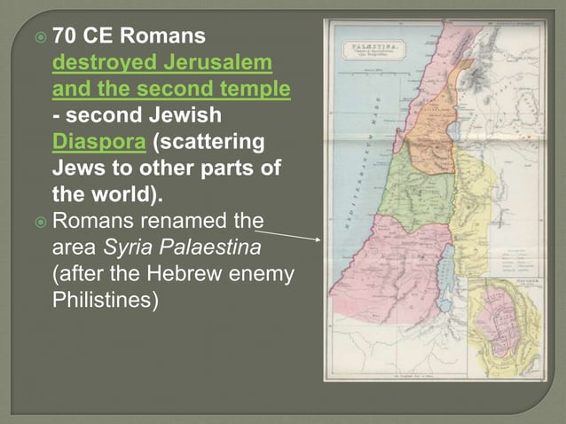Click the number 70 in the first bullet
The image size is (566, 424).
click(x=64, y=37)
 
